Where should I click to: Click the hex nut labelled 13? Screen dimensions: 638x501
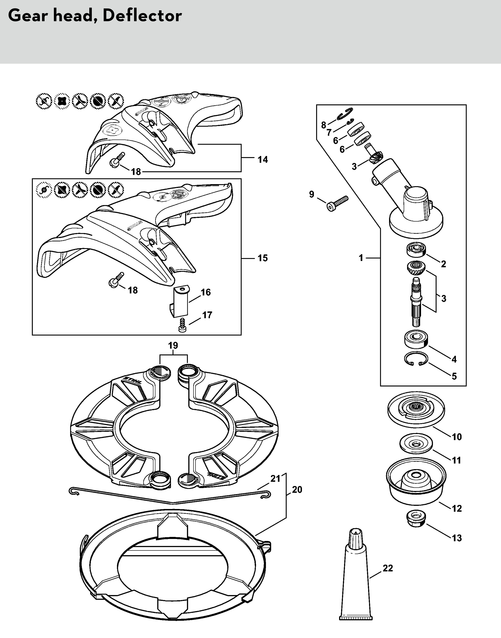point(416,519)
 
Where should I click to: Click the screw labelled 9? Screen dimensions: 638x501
point(337,203)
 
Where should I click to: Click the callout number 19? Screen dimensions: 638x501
point(173,346)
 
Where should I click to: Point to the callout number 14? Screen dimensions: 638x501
point(262,159)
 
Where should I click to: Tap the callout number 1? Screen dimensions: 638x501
point(361,258)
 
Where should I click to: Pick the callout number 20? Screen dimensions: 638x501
point(297,489)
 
